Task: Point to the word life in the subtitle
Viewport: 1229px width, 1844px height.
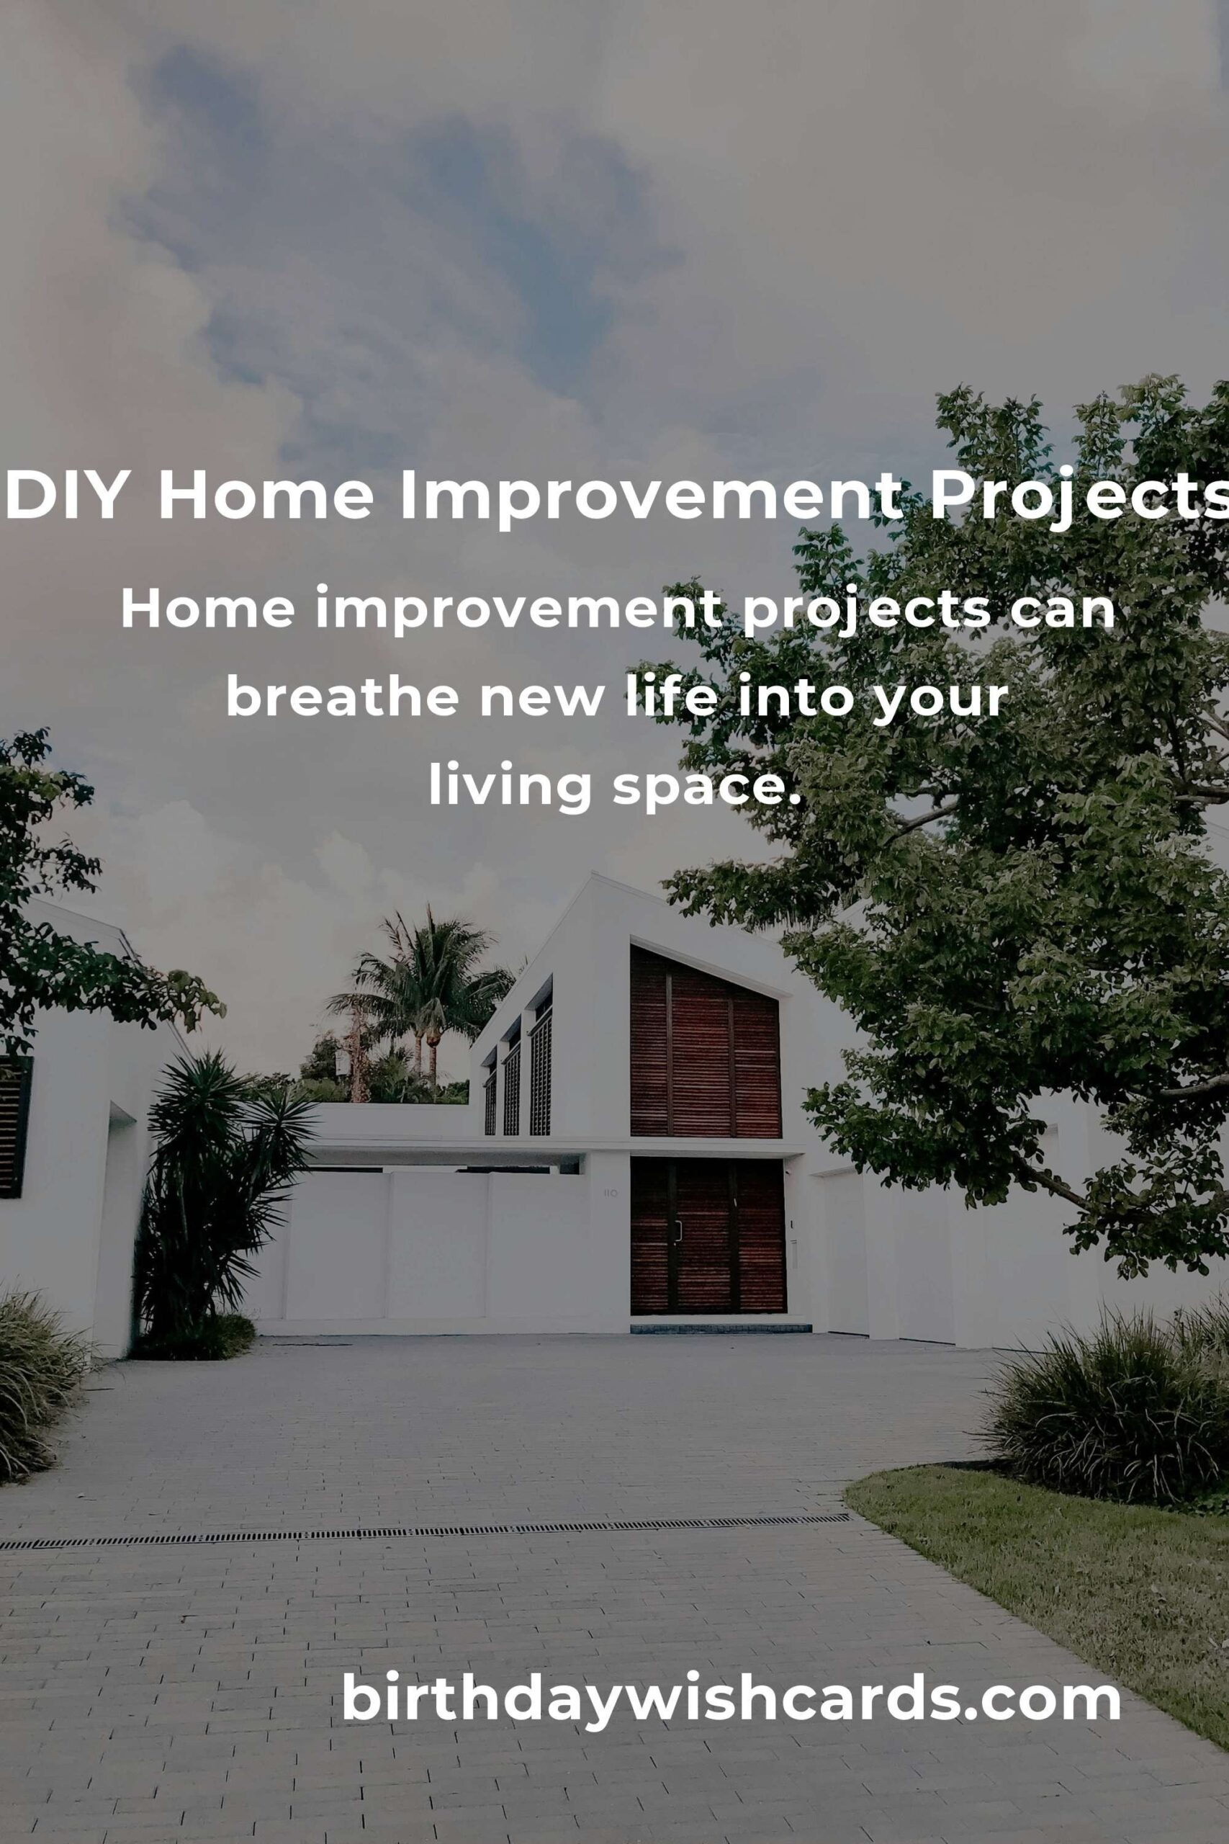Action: [671, 694]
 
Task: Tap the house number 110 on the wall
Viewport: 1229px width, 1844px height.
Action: [611, 1194]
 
